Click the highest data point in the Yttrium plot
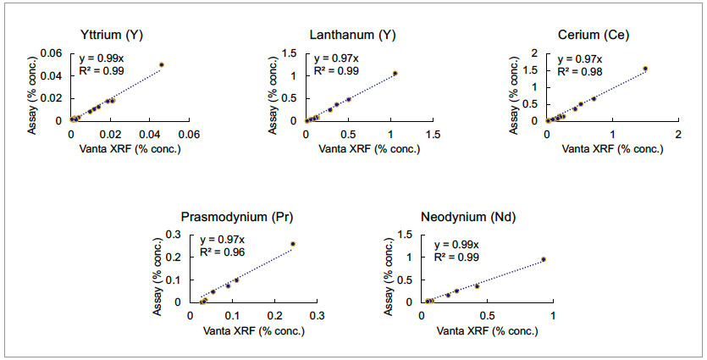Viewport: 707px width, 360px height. [x=162, y=64]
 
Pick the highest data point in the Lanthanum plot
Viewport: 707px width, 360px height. [x=395, y=73]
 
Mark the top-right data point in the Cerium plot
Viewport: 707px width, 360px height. [x=645, y=69]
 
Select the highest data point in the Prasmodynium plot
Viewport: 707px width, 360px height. [x=293, y=244]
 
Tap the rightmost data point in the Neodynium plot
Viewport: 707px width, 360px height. [x=544, y=259]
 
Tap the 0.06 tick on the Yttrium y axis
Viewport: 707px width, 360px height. [x=52, y=53]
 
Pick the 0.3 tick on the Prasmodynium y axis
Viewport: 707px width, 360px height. [x=174, y=235]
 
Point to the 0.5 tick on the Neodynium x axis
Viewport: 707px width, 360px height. [x=488, y=315]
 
